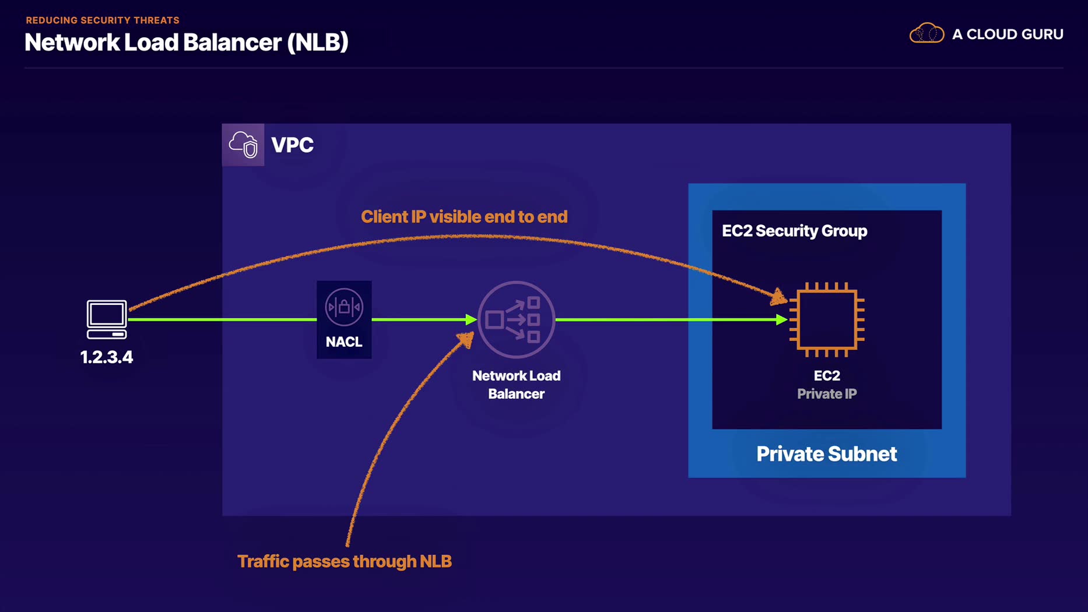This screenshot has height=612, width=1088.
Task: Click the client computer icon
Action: (x=107, y=319)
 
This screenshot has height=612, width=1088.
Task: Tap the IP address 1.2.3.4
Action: (x=107, y=357)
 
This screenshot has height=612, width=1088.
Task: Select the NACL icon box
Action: (x=344, y=319)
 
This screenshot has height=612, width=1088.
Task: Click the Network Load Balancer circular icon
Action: (x=516, y=319)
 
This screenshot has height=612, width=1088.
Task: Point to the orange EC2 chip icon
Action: (x=827, y=319)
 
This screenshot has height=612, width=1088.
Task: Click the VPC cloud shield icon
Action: (x=243, y=145)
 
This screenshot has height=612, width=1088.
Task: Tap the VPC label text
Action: (x=293, y=145)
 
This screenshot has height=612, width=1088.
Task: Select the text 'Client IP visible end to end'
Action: (x=464, y=217)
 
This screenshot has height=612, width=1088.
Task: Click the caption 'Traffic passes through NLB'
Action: (x=345, y=561)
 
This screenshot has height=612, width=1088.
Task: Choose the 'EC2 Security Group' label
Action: (x=794, y=231)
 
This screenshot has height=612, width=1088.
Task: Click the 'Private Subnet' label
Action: (x=826, y=454)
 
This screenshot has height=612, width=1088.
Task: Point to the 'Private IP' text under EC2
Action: (x=827, y=394)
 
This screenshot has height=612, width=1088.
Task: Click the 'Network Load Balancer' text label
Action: (x=516, y=385)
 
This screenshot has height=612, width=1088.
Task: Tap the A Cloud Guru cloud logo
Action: (x=926, y=34)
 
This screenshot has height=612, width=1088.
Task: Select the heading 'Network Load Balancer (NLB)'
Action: (x=187, y=42)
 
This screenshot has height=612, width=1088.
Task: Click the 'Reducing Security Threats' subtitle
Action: (x=103, y=20)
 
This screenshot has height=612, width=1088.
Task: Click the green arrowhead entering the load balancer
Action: (x=471, y=319)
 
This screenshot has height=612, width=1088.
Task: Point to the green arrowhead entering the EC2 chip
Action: (x=782, y=319)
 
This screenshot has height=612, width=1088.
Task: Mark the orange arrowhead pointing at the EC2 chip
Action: (x=778, y=298)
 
